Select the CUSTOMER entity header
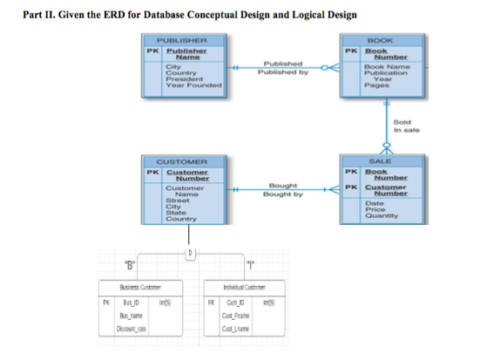point(184,161)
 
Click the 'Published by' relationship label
point(276,72)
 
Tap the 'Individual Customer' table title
point(250,287)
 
